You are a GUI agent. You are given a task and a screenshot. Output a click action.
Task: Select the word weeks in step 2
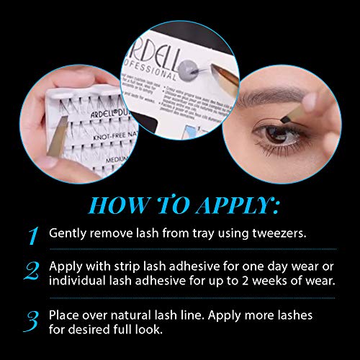[x=275, y=279]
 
